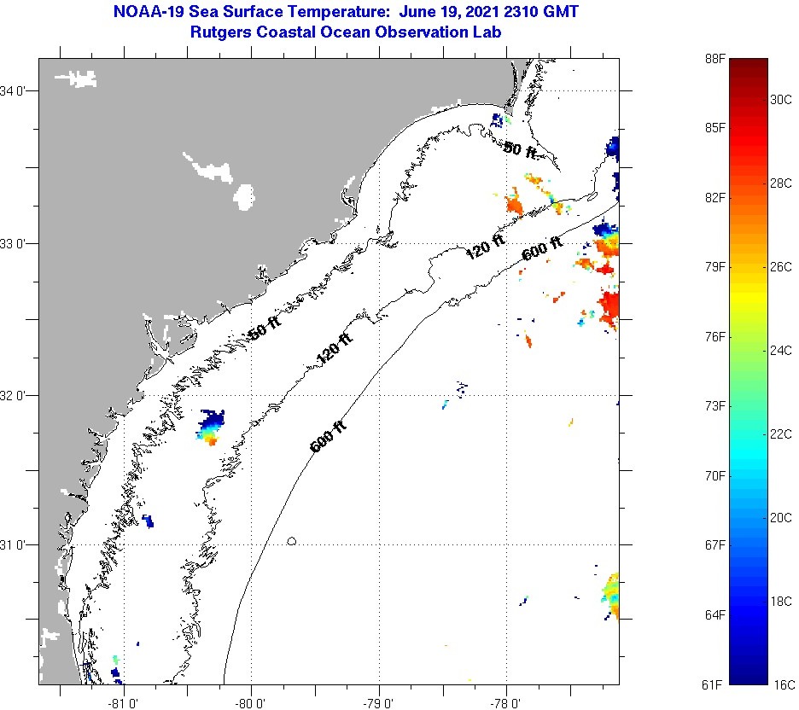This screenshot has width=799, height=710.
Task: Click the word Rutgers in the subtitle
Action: point(225,32)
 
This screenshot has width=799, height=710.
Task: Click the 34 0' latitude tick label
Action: point(16,90)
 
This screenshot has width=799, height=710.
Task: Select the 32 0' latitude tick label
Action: point(16,395)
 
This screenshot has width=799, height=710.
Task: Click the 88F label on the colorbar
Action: point(714,58)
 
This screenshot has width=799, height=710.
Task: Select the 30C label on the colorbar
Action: point(781,99)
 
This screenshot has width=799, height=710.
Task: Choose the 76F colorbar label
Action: point(714,337)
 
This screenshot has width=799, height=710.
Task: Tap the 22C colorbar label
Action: point(781,434)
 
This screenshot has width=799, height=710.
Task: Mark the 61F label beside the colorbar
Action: point(714,684)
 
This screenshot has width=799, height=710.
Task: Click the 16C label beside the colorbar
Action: point(781,684)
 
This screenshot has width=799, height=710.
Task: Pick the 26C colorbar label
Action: point(781,266)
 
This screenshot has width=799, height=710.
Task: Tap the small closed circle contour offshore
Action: point(292,540)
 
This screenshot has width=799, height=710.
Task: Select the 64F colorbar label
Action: point(714,614)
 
